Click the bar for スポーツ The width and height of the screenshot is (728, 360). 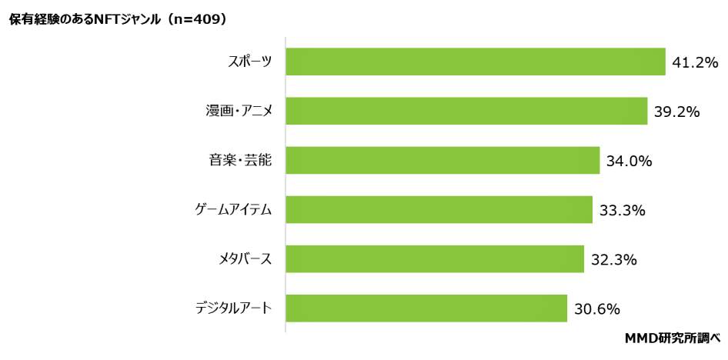475,62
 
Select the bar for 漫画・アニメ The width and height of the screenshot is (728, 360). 466,112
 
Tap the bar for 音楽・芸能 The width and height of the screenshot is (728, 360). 442,161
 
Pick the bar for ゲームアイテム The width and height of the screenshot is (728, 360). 439,210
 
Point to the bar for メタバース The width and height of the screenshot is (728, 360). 435,259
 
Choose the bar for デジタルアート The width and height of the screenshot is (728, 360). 426,308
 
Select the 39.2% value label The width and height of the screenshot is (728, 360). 676,112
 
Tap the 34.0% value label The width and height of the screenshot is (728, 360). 629,162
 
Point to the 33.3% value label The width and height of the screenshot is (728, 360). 622,211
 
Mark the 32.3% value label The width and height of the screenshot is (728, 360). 613,260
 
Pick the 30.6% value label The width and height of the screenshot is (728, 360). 596,309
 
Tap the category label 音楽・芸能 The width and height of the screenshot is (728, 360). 240,162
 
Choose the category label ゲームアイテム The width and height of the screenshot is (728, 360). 232,211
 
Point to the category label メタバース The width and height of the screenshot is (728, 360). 245,260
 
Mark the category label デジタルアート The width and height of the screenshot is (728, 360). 232,309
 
